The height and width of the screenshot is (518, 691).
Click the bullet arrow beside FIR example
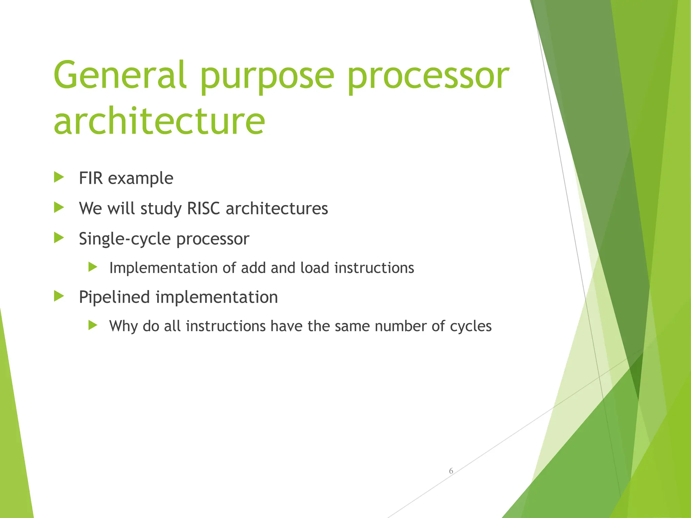(59, 177)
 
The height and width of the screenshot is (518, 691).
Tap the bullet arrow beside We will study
(59, 207)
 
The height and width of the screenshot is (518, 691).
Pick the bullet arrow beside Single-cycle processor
(59, 238)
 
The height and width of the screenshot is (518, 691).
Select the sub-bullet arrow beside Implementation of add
(93, 267)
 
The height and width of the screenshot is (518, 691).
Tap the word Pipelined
(114, 297)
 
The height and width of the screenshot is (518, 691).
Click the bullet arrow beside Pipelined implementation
(59, 296)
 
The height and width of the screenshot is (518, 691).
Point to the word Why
(123, 326)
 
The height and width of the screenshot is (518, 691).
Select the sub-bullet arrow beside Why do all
(93, 325)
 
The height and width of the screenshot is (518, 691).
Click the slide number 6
(451, 471)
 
